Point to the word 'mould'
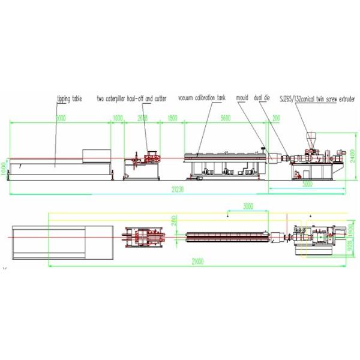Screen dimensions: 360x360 242,98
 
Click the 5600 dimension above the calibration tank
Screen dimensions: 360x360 225,119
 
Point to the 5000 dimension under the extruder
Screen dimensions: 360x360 307,185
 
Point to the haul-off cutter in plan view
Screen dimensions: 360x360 144,238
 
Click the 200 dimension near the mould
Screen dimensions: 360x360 275,119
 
